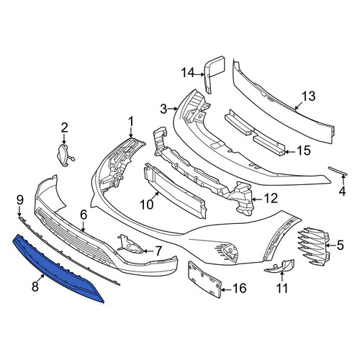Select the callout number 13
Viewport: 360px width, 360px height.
tap(308, 96)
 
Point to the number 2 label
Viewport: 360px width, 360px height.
tap(64, 128)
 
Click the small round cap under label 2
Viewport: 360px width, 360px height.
tap(63, 155)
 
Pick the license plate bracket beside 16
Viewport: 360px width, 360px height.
tap(204, 279)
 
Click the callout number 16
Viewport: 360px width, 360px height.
tap(239, 288)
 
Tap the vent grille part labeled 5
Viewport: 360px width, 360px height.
tap(313, 246)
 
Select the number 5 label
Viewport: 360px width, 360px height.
tap(341, 245)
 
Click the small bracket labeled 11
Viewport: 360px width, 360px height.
tap(279, 266)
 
